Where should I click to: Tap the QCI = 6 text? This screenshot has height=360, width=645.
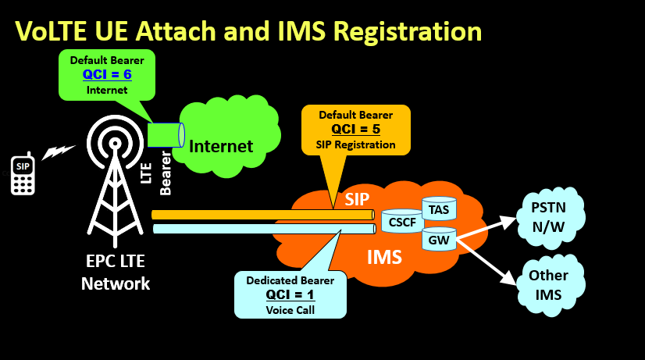(x=107, y=75)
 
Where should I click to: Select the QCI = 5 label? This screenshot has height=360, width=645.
(x=355, y=129)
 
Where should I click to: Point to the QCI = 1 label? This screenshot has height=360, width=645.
(x=290, y=294)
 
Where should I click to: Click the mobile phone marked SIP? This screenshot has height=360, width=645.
(x=22, y=173)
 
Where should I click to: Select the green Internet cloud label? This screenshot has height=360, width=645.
(x=221, y=146)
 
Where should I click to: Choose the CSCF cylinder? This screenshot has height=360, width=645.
(x=401, y=223)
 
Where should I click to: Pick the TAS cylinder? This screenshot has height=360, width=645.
(x=439, y=209)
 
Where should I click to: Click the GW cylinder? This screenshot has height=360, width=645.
(x=439, y=240)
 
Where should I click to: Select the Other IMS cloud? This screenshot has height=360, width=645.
(x=548, y=284)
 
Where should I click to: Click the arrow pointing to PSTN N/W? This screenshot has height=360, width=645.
(x=488, y=226)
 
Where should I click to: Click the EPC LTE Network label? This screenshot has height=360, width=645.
(x=116, y=273)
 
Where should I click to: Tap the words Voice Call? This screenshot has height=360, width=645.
(x=290, y=309)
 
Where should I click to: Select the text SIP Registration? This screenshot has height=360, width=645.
(x=355, y=144)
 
